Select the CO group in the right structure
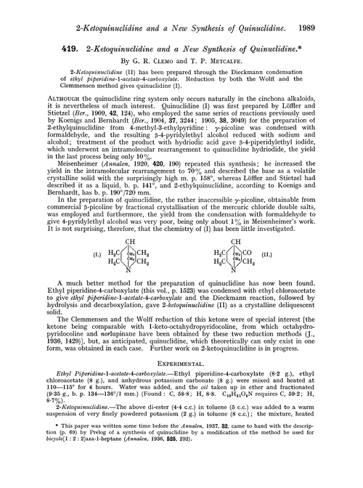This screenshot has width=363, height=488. click(x=245, y=278)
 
